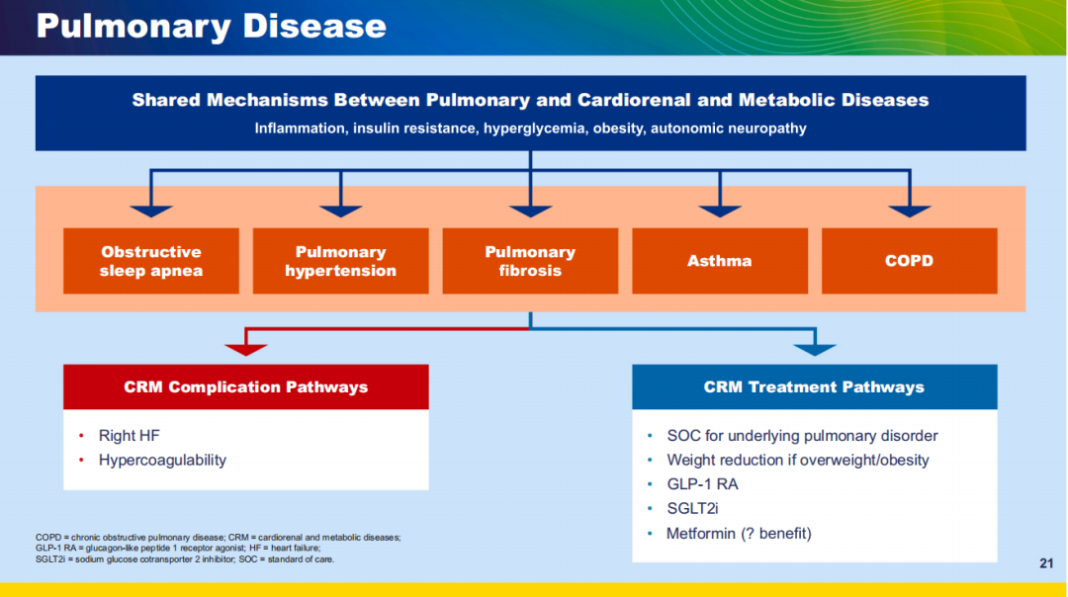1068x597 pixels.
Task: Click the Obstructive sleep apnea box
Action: pyautogui.click(x=151, y=261)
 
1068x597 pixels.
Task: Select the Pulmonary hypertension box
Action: pyautogui.click(x=340, y=261)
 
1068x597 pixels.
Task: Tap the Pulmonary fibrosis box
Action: pyautogui.click(x=530, y=261)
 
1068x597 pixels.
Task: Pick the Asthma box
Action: pyautogui.click(x=720, y=261)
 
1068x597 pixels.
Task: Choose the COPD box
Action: pyautogui.click(x=910, y=261)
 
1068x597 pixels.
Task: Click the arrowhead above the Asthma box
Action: pyautogui.click(x=720, y=212)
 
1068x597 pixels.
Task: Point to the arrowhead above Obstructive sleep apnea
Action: pyautogui.click(x=151, y=212)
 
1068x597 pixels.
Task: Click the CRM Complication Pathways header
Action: pyautogui.click(x=246, y=386)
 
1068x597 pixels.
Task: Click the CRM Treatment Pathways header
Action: pyautogui.click(x=815, y=386)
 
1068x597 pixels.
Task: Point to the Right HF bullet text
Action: pyautogui.click(x=129, y=436)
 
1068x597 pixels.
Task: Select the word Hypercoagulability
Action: pyautogui.click(x=162, y=461)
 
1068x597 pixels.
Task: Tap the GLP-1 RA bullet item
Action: pyautogui.click(x=702, y=484)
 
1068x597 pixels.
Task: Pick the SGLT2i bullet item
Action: pyautogui.click(x=692, y=508)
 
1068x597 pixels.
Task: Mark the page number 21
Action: pyautogui.click(x=1046, y=563)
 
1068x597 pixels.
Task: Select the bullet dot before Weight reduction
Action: pyautogui.click(x=650, y=461)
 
